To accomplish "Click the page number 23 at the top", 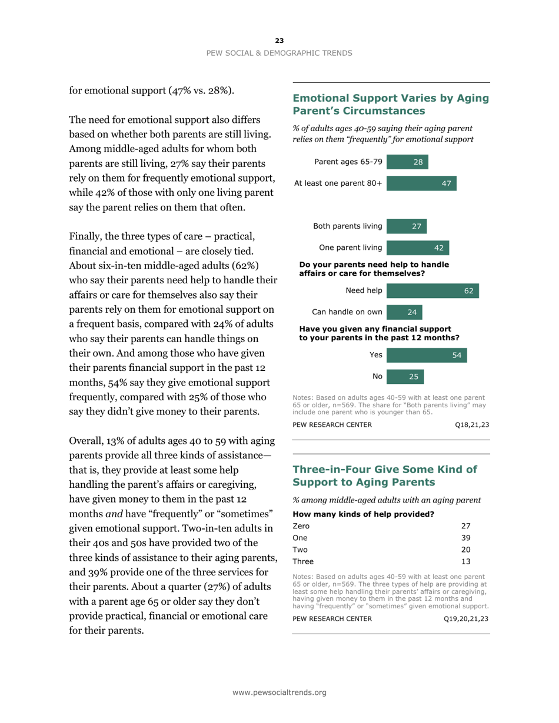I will click(279, 41).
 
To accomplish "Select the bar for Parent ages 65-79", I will click(407, 162).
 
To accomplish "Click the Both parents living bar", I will click(407, 226).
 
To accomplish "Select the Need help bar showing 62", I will click(432, 290).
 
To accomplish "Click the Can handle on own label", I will click(348, 312).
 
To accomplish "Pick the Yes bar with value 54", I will click(427, 354).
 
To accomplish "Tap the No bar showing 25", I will click(405, 376).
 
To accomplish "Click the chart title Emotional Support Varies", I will click(390, 104).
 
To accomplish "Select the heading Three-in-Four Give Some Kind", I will click(382, 476).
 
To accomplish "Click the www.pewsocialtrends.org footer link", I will click(279, 692).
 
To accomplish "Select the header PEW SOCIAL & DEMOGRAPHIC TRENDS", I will click(279, 53).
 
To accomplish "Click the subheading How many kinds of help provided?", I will click(363, 514).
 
